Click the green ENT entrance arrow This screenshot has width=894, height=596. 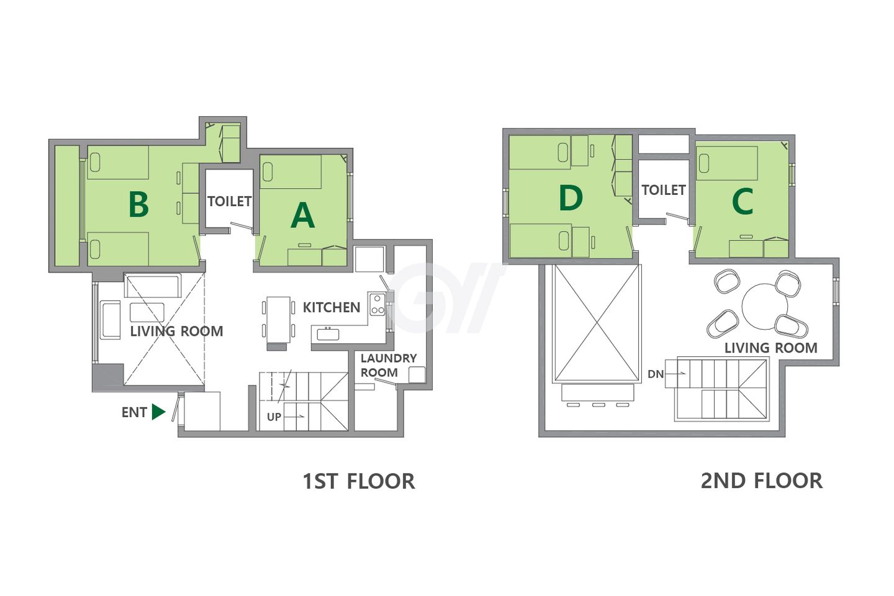(158, 412)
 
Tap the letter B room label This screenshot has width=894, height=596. (138, 204)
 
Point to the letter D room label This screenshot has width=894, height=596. (571, 198)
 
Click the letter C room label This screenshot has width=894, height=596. (743, 201)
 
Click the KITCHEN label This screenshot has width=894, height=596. (332, 307)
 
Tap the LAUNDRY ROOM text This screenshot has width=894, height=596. (389, 365)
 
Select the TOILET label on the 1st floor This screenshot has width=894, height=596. (230, 201)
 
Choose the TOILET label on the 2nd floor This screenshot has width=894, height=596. (663, 190)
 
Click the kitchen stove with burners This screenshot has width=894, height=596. (377, 304)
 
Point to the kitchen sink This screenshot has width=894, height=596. (328, 334)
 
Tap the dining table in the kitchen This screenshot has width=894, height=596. (278, 320)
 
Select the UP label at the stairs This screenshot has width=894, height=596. (274, 417)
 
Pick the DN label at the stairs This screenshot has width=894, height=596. (656, 374)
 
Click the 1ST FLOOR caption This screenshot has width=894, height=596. (359, 481)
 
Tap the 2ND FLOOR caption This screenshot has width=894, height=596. (762, 481)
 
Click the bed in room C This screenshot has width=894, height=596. (727, 163)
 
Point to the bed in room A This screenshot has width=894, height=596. (291, 171)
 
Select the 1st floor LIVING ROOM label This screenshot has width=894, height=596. (176, 331)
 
